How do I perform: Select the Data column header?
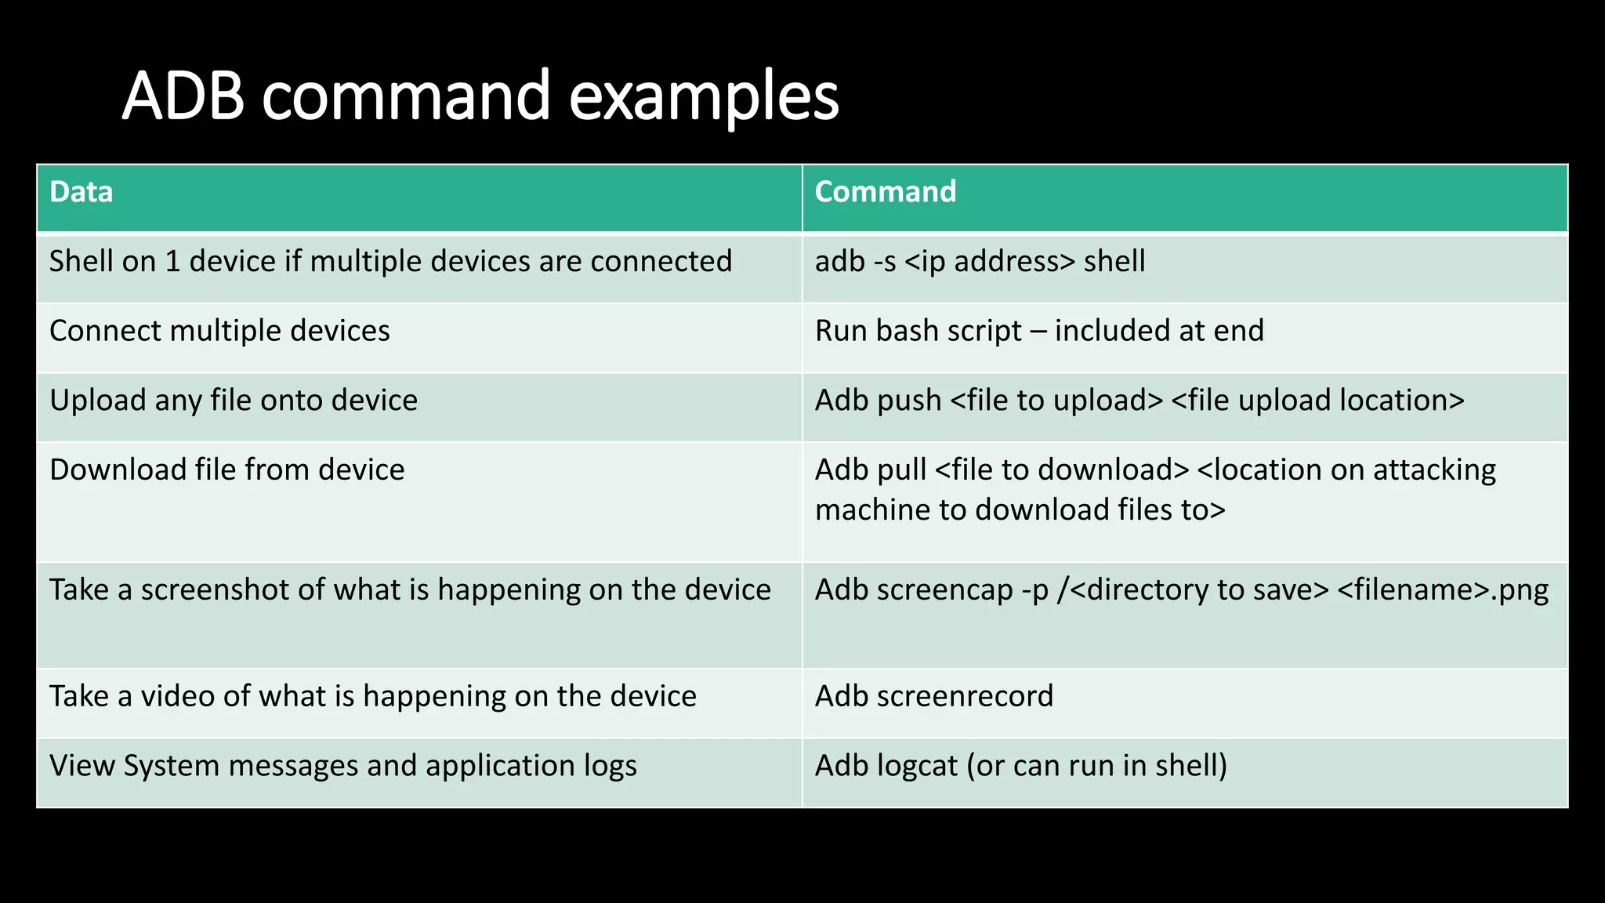pos(82,192)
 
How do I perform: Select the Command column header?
pos(886,192)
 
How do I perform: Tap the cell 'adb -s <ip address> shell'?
pos(980,262)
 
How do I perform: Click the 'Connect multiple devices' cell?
pos(219,331)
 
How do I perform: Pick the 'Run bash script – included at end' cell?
pos(1039,331)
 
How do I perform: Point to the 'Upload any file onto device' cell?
pos(234,401)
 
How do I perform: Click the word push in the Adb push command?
pos(909,401)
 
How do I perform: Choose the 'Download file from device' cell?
pos(227,470)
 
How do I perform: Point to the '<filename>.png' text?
pos(1443,590)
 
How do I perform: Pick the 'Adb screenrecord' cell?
pos(934,697)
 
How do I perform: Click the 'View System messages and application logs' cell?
pos(343,766)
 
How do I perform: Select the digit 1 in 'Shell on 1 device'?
pos(172,262)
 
